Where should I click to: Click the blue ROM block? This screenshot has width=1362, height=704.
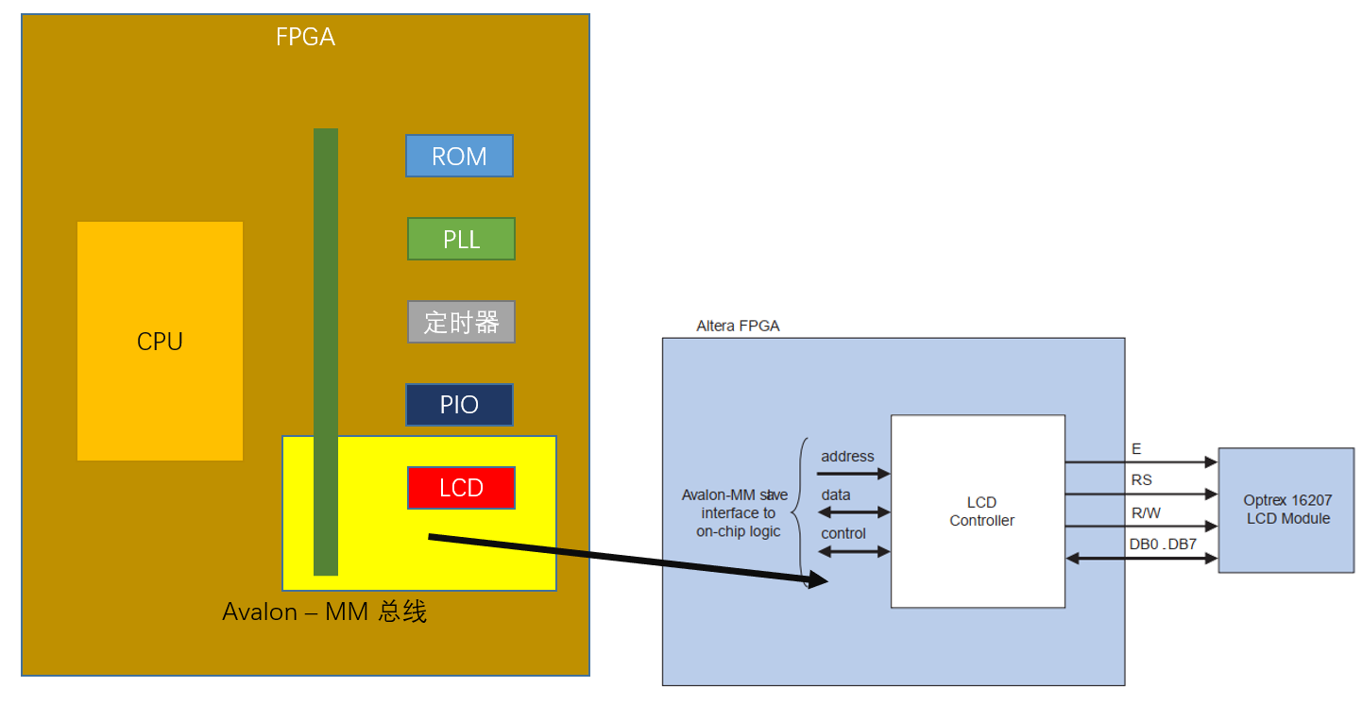click(x=459, y=156)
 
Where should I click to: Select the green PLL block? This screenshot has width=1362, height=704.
click(x=461, y=239)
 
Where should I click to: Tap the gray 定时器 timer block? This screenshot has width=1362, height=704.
click(x=461, y=322)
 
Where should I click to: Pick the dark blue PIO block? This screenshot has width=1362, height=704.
click(x=459, y=405)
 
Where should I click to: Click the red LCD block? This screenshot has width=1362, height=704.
click(x=461, y=488)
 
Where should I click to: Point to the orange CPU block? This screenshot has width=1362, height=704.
click(x=160, y=341)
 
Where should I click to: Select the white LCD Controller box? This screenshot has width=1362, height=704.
click(x=978, y=511)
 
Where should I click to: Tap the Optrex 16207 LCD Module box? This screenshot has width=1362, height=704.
click(x=1286, y=511)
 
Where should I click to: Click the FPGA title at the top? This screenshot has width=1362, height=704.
click(x=305, y=38)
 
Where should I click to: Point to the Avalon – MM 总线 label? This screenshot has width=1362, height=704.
click(x=324, y=612)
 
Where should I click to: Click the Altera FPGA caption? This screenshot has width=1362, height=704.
click(x=738, y=327)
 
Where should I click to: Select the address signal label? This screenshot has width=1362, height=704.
click(x=847, y=457)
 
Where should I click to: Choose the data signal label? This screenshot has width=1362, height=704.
click(x=835, y=495)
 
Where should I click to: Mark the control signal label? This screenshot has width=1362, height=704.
click(x=843, y=534)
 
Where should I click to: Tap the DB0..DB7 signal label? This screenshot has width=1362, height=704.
click(x=1162, y=545)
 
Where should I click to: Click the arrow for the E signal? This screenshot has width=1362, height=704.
click(x=1141, y=462)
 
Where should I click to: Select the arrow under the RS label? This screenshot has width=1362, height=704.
click(x=1141, y=494)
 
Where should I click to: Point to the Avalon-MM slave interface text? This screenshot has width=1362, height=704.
click(x=735, y=512)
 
